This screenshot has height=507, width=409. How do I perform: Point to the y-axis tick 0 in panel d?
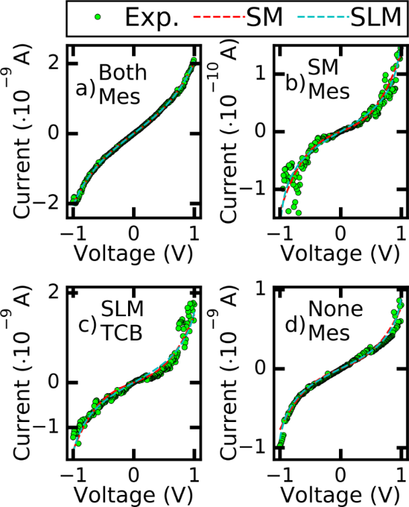259,369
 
